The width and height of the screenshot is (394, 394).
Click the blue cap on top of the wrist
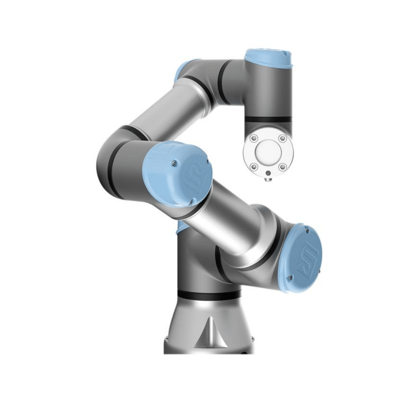pyautogui.click(x=268, y=58)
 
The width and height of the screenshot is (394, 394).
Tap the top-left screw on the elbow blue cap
pyautogui.click(x=174, y=162)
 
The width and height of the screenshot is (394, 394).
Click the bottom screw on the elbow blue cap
pyautogui.click(x=191, y=203)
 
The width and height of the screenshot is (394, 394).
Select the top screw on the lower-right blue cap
pyautogui.click(x=307, y=231)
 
